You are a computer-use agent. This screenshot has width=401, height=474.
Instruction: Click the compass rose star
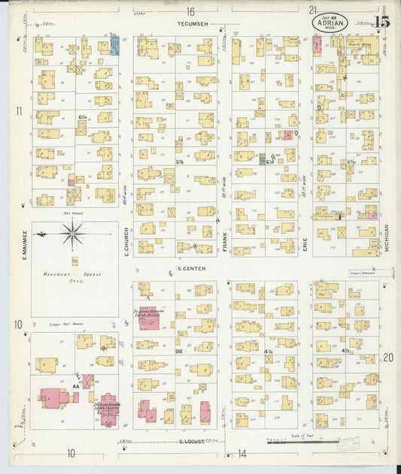tap(74, 234)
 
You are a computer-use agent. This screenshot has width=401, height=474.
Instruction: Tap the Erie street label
tap(306, 240)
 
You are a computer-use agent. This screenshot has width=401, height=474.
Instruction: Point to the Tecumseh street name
tap(192, 24)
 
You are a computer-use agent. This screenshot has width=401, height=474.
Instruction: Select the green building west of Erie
tap(262, 159)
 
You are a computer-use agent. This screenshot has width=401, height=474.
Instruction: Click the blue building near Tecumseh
tap(114, 46)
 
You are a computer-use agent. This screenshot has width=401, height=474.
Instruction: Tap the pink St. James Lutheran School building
tap(147, 318)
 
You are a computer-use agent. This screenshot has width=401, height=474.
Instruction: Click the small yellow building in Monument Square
tap(74, 261)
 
